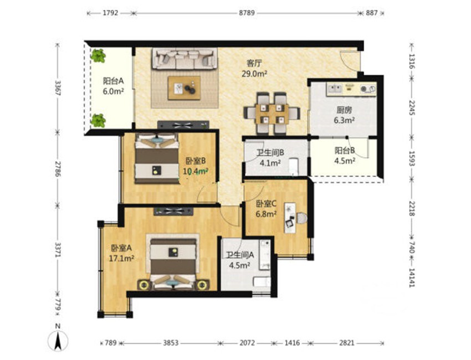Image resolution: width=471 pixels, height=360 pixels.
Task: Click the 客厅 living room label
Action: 254,63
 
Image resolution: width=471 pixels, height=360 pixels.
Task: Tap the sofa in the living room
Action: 185,59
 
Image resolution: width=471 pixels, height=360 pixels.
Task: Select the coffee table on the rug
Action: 184,88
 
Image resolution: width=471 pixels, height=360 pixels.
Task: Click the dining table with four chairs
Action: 272,113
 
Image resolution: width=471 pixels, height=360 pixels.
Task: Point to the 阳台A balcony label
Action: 113,81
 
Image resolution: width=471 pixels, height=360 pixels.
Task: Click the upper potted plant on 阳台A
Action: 98,55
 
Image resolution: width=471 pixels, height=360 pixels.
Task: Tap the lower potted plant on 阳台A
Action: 98,120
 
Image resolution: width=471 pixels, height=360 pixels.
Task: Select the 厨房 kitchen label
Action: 344,110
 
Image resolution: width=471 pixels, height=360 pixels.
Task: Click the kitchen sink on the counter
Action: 335,89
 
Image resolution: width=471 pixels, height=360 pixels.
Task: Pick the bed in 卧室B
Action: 157,158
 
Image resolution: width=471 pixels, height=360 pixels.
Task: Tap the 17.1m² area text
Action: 121,258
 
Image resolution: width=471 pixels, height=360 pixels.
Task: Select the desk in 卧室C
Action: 290,218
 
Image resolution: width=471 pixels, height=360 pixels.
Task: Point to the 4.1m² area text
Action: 270,163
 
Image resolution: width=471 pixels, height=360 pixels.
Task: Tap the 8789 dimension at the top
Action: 247,13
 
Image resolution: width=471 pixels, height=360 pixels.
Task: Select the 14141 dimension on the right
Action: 412,277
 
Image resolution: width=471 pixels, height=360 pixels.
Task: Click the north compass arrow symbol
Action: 58,341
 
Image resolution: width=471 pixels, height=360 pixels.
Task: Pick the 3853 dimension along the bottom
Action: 171,343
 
